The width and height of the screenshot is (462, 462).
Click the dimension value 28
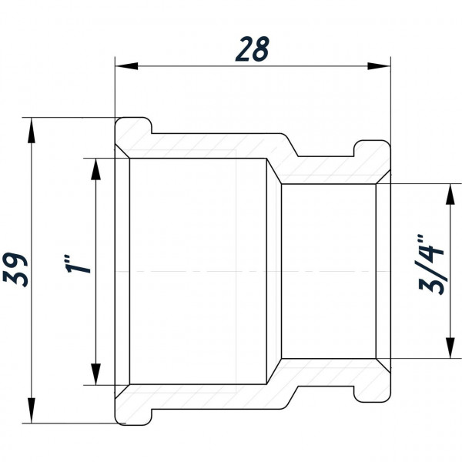point(253,49)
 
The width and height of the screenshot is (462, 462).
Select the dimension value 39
point(21,269)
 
